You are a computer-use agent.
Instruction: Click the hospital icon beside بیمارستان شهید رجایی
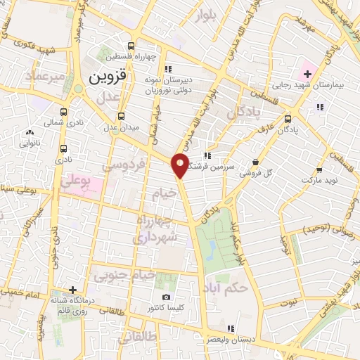click(307, 73)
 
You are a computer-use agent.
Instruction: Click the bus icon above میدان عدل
click(122, 116)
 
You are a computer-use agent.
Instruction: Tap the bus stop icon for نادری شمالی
click(64, 111)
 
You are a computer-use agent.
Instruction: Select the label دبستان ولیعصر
click(229, 340)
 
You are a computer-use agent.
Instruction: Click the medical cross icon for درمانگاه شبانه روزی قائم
click(72, 290)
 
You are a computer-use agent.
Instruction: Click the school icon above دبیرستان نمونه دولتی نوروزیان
click(167, 69)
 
